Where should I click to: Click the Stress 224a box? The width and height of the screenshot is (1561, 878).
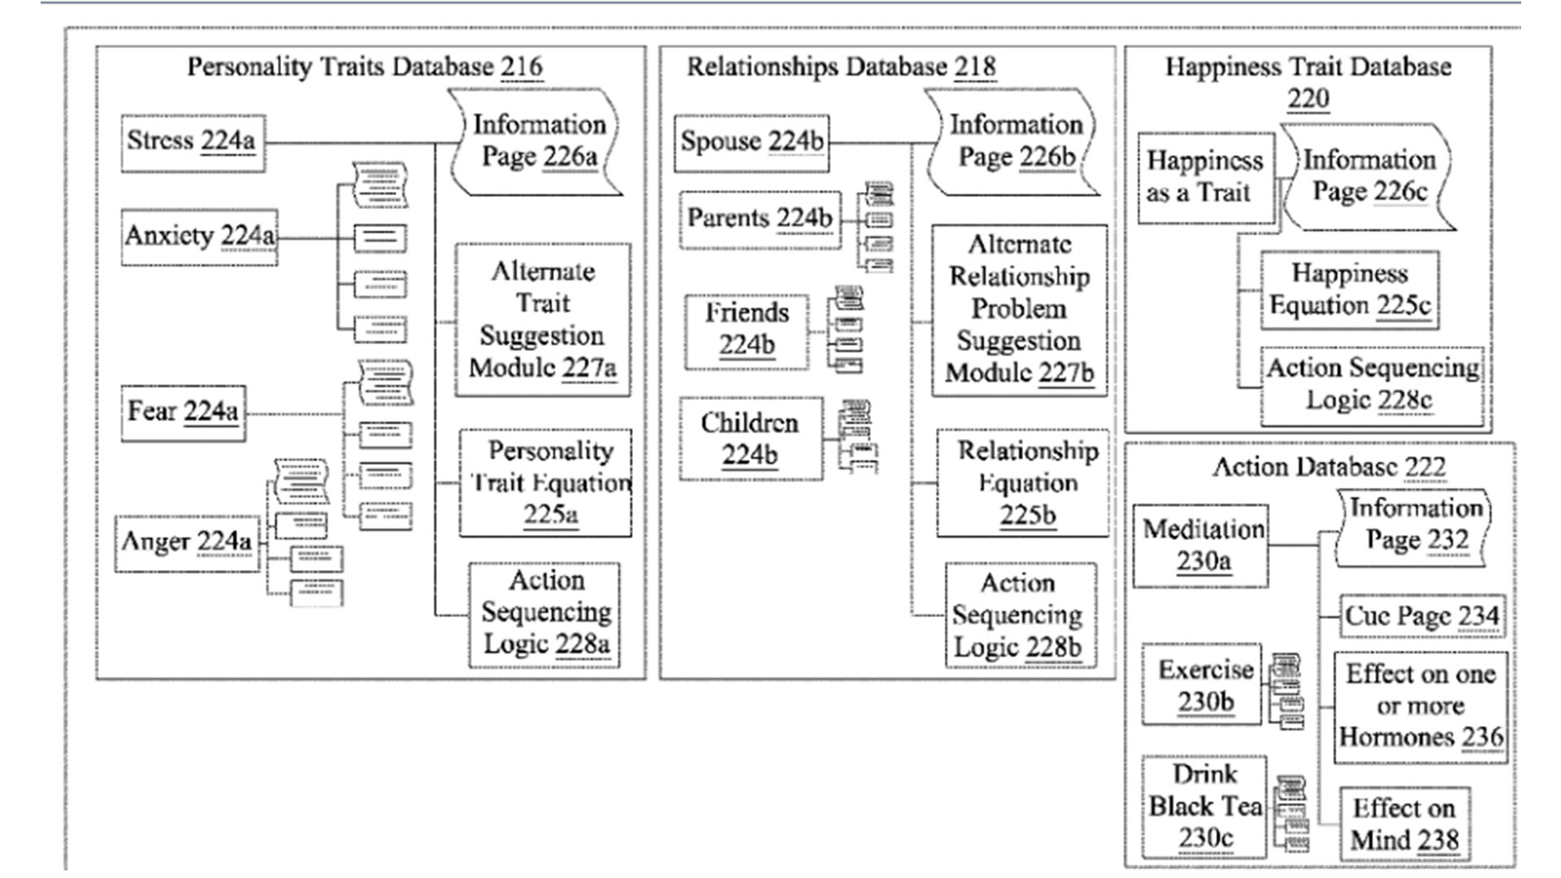pyautogui.click(x=193, y=142)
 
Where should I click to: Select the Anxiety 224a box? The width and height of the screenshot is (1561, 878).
pyautogui.click(x=199, y=237)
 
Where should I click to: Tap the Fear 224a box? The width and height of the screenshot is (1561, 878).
pyautogui.click(x=183, y=412)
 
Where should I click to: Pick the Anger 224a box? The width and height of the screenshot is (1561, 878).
pyautogui.click(x=187, y=542)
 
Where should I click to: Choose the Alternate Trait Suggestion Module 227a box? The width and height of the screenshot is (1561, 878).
pyautogui.click(x=542, y=319)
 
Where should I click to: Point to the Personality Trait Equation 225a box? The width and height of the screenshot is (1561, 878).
pyautogui.click(x=545, y=483)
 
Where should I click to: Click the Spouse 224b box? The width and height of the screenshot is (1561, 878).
pyautogui.click(x=752, y=142)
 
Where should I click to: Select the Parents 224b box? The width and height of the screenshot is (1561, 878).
pyautogui.click(x=760, y=219)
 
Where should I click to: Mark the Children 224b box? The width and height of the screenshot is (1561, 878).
pyautogui.click(x=750, y=439)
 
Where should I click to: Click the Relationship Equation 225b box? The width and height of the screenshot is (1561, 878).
pyautogui.click(x=1022, y=483)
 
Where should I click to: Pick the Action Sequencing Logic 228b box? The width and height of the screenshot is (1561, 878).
pyautogui.click(x=1020, y=615)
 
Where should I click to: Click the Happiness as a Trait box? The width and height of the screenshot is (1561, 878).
pyautogui.click(x=1205, y=178)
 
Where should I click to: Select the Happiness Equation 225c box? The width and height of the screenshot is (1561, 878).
pyautogui.click(x=1350, y=290)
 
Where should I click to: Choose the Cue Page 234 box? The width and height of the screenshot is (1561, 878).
pyautogui.click(x=1421, y=616)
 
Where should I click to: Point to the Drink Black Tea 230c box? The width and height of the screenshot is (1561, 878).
pyautogui.click(x=1203, y=806)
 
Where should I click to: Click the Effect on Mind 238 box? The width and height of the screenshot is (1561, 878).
pyautogui.click(x=1403, y=824)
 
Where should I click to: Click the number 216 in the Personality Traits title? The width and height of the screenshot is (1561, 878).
pyautogui.click(x=522, y=67)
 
